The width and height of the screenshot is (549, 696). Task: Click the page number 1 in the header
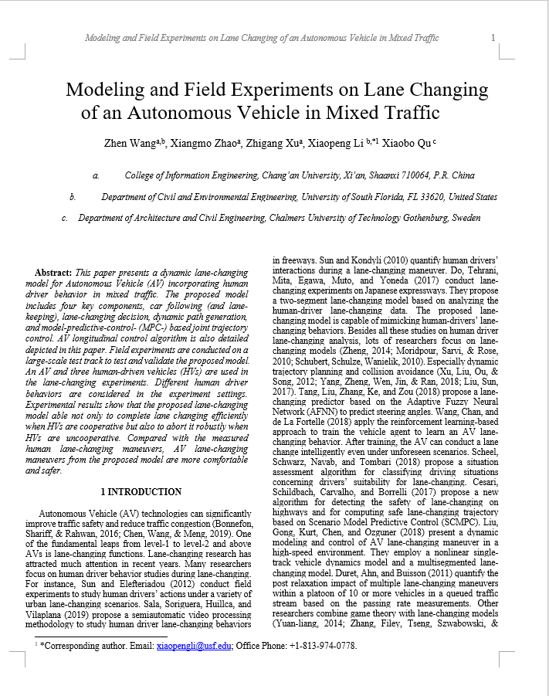point(493,37)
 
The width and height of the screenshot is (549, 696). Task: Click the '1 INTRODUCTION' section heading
point(141,491)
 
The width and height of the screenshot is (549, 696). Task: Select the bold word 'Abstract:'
point(53,273)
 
